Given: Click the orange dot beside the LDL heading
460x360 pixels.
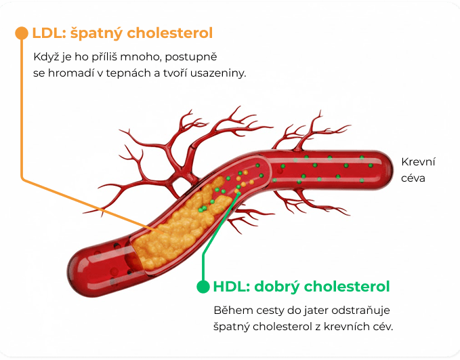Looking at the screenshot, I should click(21, 33).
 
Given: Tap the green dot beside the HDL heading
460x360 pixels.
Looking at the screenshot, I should click(203, 287).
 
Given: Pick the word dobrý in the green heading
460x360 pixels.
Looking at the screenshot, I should click(277, 287).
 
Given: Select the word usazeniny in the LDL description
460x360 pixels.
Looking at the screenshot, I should click(221, 73).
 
